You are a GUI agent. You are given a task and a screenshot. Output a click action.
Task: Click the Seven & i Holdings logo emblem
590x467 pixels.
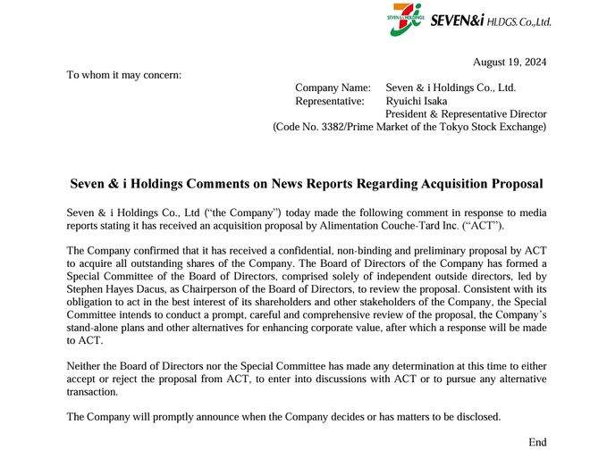[407, 19]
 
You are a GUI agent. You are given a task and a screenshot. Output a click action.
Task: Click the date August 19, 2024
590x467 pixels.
[509, 62]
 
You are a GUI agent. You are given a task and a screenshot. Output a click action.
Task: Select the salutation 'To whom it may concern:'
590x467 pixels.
[123, 74]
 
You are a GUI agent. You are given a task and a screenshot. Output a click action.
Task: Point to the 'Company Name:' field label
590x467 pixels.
[333, 88]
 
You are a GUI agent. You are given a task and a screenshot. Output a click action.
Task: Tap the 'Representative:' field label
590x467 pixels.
[330, 101]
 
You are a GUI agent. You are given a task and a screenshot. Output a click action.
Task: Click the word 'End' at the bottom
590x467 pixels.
[537, 442]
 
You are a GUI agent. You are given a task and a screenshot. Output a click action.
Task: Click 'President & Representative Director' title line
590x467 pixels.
[466, 114]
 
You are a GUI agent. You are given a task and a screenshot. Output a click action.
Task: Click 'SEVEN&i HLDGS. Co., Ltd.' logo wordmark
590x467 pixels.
[491, 20]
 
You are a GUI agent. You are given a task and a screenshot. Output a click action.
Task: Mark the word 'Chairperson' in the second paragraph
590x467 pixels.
[214, 289]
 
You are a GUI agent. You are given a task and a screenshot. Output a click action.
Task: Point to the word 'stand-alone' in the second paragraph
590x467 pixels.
[96, 328]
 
